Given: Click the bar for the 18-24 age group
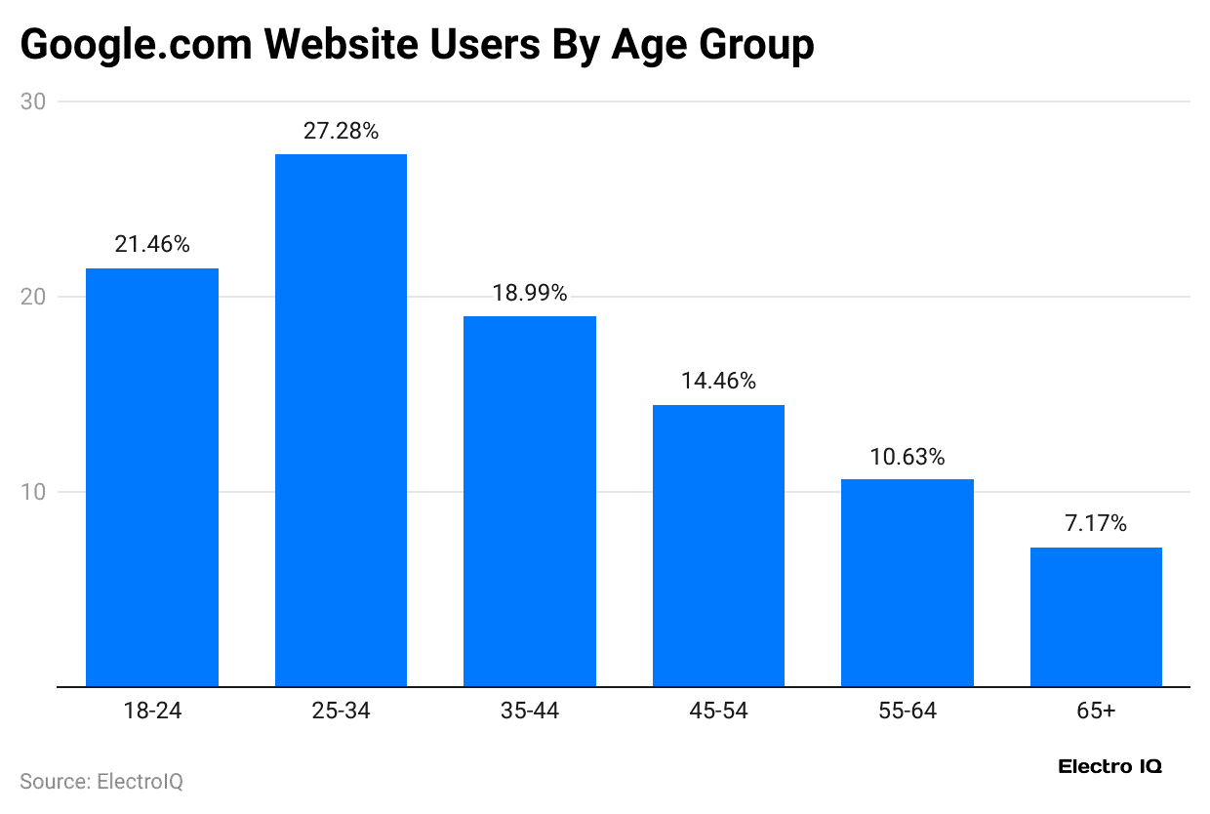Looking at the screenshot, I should (x=152, y=477).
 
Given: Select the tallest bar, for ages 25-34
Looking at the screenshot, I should (x=341, y=420).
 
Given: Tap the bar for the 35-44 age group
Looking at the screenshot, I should (x=530, y=501).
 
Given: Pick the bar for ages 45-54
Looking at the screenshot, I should (x=718, y=546).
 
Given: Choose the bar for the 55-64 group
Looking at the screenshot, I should (x=907, y=583).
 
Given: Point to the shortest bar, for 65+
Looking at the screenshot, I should (x=1096, y=617).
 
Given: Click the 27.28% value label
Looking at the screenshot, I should (x=341, y=131).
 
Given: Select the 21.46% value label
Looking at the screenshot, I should (x=152, y=245).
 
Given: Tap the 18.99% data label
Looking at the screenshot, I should (x=530, y=293).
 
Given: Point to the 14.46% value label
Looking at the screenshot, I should (x=718, y=382).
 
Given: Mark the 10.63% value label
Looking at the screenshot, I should (x=907, y=457).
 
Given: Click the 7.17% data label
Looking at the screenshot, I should (x=1096, y=524).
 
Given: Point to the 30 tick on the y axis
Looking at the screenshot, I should (x=38, y=102).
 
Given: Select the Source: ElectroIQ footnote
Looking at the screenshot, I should (x=101, y=782).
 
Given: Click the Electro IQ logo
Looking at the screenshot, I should (x=1109, y=767).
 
